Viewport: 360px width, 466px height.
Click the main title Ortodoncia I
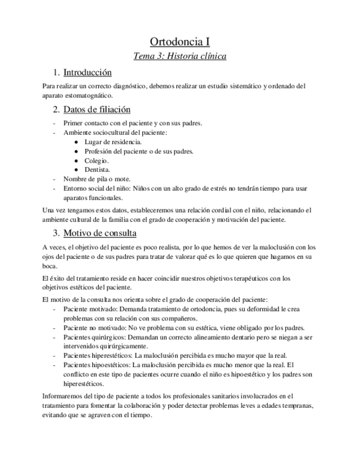tap(180, 42)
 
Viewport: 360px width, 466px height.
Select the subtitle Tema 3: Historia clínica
tap(180, 56)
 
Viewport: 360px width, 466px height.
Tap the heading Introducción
tap(87, 73)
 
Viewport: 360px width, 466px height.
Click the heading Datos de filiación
tap(97, 109)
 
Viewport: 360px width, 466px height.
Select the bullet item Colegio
tap(96, 160)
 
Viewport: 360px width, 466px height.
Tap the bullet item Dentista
tap(97, 170)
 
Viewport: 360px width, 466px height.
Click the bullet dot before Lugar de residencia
tap(75, 142)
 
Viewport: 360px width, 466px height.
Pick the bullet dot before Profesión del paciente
tap(75, 151)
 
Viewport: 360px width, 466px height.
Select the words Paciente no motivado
tap(95, 328)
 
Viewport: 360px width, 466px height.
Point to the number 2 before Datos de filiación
tap(56, 109)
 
